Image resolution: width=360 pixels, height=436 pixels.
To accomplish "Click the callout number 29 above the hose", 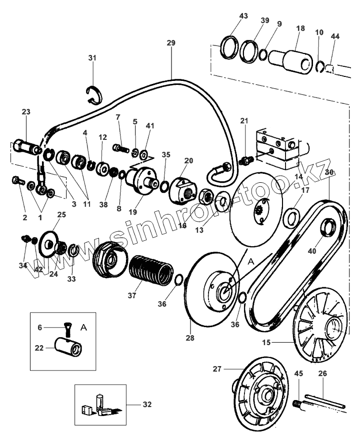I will pyautogui.click(x=171, y=43).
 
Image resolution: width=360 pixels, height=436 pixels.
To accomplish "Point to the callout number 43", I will pyautogui.click(x=243, y=16).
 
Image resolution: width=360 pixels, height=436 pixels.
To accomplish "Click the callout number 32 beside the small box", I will pyautogui.click(x=147, y=404).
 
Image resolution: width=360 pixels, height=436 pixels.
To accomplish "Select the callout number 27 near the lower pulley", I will pyautogui.click(x=217, y=370).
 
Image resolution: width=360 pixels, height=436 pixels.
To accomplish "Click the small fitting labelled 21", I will pyautogui.click(x=245, y=160).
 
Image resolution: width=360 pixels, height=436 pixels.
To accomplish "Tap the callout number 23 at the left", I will pyautogui.click(x=25, y=112).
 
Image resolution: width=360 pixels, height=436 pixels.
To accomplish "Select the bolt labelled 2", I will pyautogui.click(x=17, y=182).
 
